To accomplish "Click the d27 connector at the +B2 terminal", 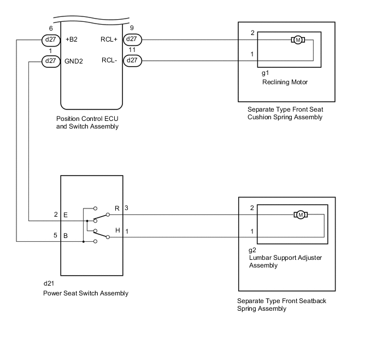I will tap(51, 39).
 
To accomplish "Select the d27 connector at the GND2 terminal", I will tap(51, 61).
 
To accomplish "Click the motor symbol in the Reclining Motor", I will tap(298, 39).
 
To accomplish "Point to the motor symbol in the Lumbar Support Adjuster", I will tap(300, 214).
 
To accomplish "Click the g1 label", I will tap(266, 72).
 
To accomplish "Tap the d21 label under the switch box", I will tap(49, 283).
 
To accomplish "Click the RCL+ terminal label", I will tap(110, 39).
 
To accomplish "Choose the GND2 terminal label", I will tap(74, 61).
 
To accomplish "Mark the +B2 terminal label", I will tap(72, 39).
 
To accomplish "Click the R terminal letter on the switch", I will tap(117, 208).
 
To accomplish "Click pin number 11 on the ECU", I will tap(132, 50).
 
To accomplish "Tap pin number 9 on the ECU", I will tap(131, 28).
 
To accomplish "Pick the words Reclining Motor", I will tap(285, 83).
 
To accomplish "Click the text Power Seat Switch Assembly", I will tap(86, 293).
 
